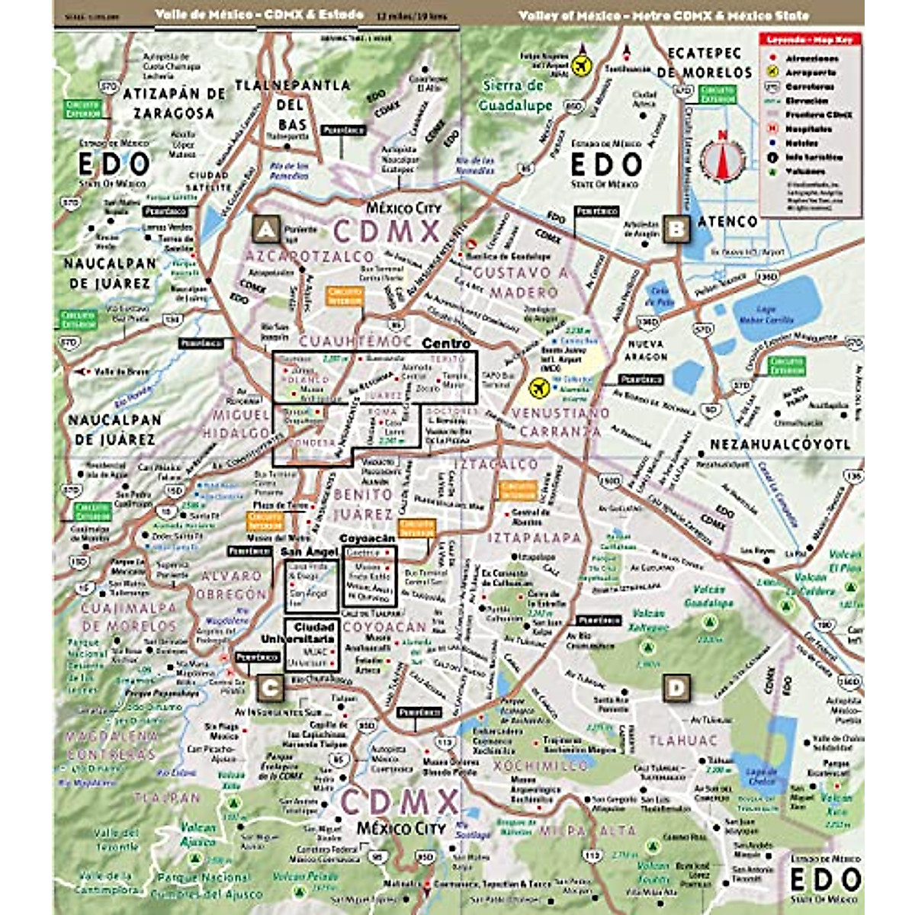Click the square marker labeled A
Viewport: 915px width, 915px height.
pos(265,229)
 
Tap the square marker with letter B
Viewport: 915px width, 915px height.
pos(676,228)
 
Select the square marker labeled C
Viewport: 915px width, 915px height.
pos(271,686)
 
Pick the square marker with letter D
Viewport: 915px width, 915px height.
pos(676,688)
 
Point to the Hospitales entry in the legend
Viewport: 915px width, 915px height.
pos(810,129)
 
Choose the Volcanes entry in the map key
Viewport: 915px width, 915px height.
pos(806,172)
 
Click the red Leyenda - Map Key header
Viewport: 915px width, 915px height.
pos(811,39)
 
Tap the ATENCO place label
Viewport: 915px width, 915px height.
pos(727,222)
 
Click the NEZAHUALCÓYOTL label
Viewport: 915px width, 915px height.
pos(780,445)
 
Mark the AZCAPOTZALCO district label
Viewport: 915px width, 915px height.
pos(309,257)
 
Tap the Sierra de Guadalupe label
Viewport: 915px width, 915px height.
pos(515,96)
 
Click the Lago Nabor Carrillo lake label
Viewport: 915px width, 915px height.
pos(766,316)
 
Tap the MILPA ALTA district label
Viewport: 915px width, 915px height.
pos(588,830)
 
